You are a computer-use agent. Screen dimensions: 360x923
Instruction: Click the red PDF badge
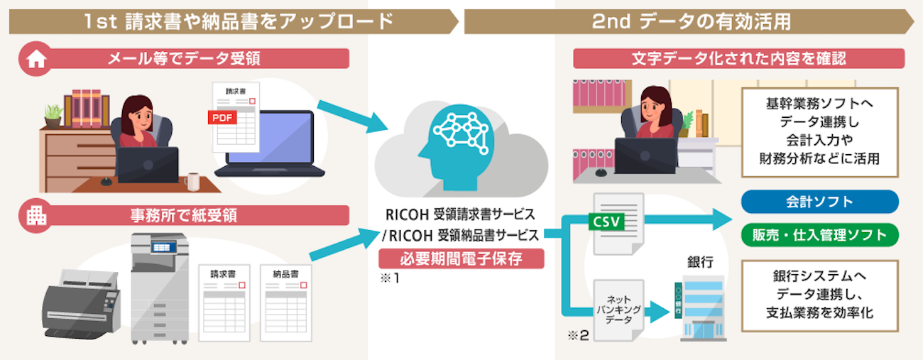coord(222,117)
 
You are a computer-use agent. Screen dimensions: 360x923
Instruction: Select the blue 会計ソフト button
coord(819,202)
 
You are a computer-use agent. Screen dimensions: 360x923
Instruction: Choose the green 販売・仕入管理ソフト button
coord(819,235)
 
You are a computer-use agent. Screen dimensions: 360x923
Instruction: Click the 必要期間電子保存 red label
coord(461,259)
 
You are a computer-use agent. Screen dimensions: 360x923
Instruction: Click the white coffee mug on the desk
coord(192,181)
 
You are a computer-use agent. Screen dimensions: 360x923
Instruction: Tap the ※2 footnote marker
coord(579,335)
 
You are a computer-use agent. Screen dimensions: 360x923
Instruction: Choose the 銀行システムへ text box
coord(819,293)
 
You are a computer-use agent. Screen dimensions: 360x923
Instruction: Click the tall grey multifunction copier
coord(160,288)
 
